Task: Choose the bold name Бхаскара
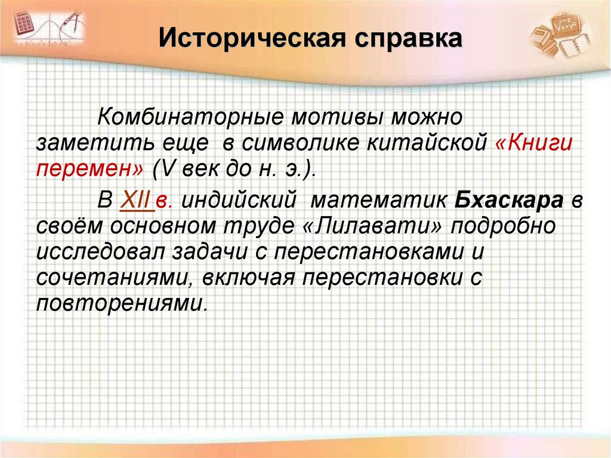tap(509, 200)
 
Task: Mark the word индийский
tap(239, 200)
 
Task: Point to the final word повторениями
tap(122, 303)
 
